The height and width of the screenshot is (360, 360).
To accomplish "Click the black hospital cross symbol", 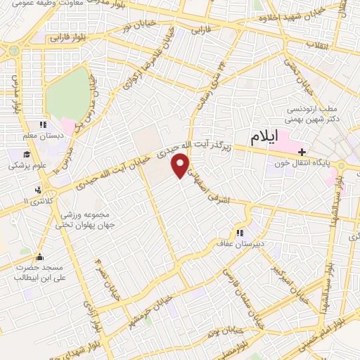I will point(302,150).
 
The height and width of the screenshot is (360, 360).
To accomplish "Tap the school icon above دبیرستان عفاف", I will point(240,233).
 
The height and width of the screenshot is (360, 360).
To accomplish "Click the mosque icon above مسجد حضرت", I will point(39,257).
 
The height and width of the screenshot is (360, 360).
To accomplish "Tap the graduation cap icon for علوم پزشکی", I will point(26,155).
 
